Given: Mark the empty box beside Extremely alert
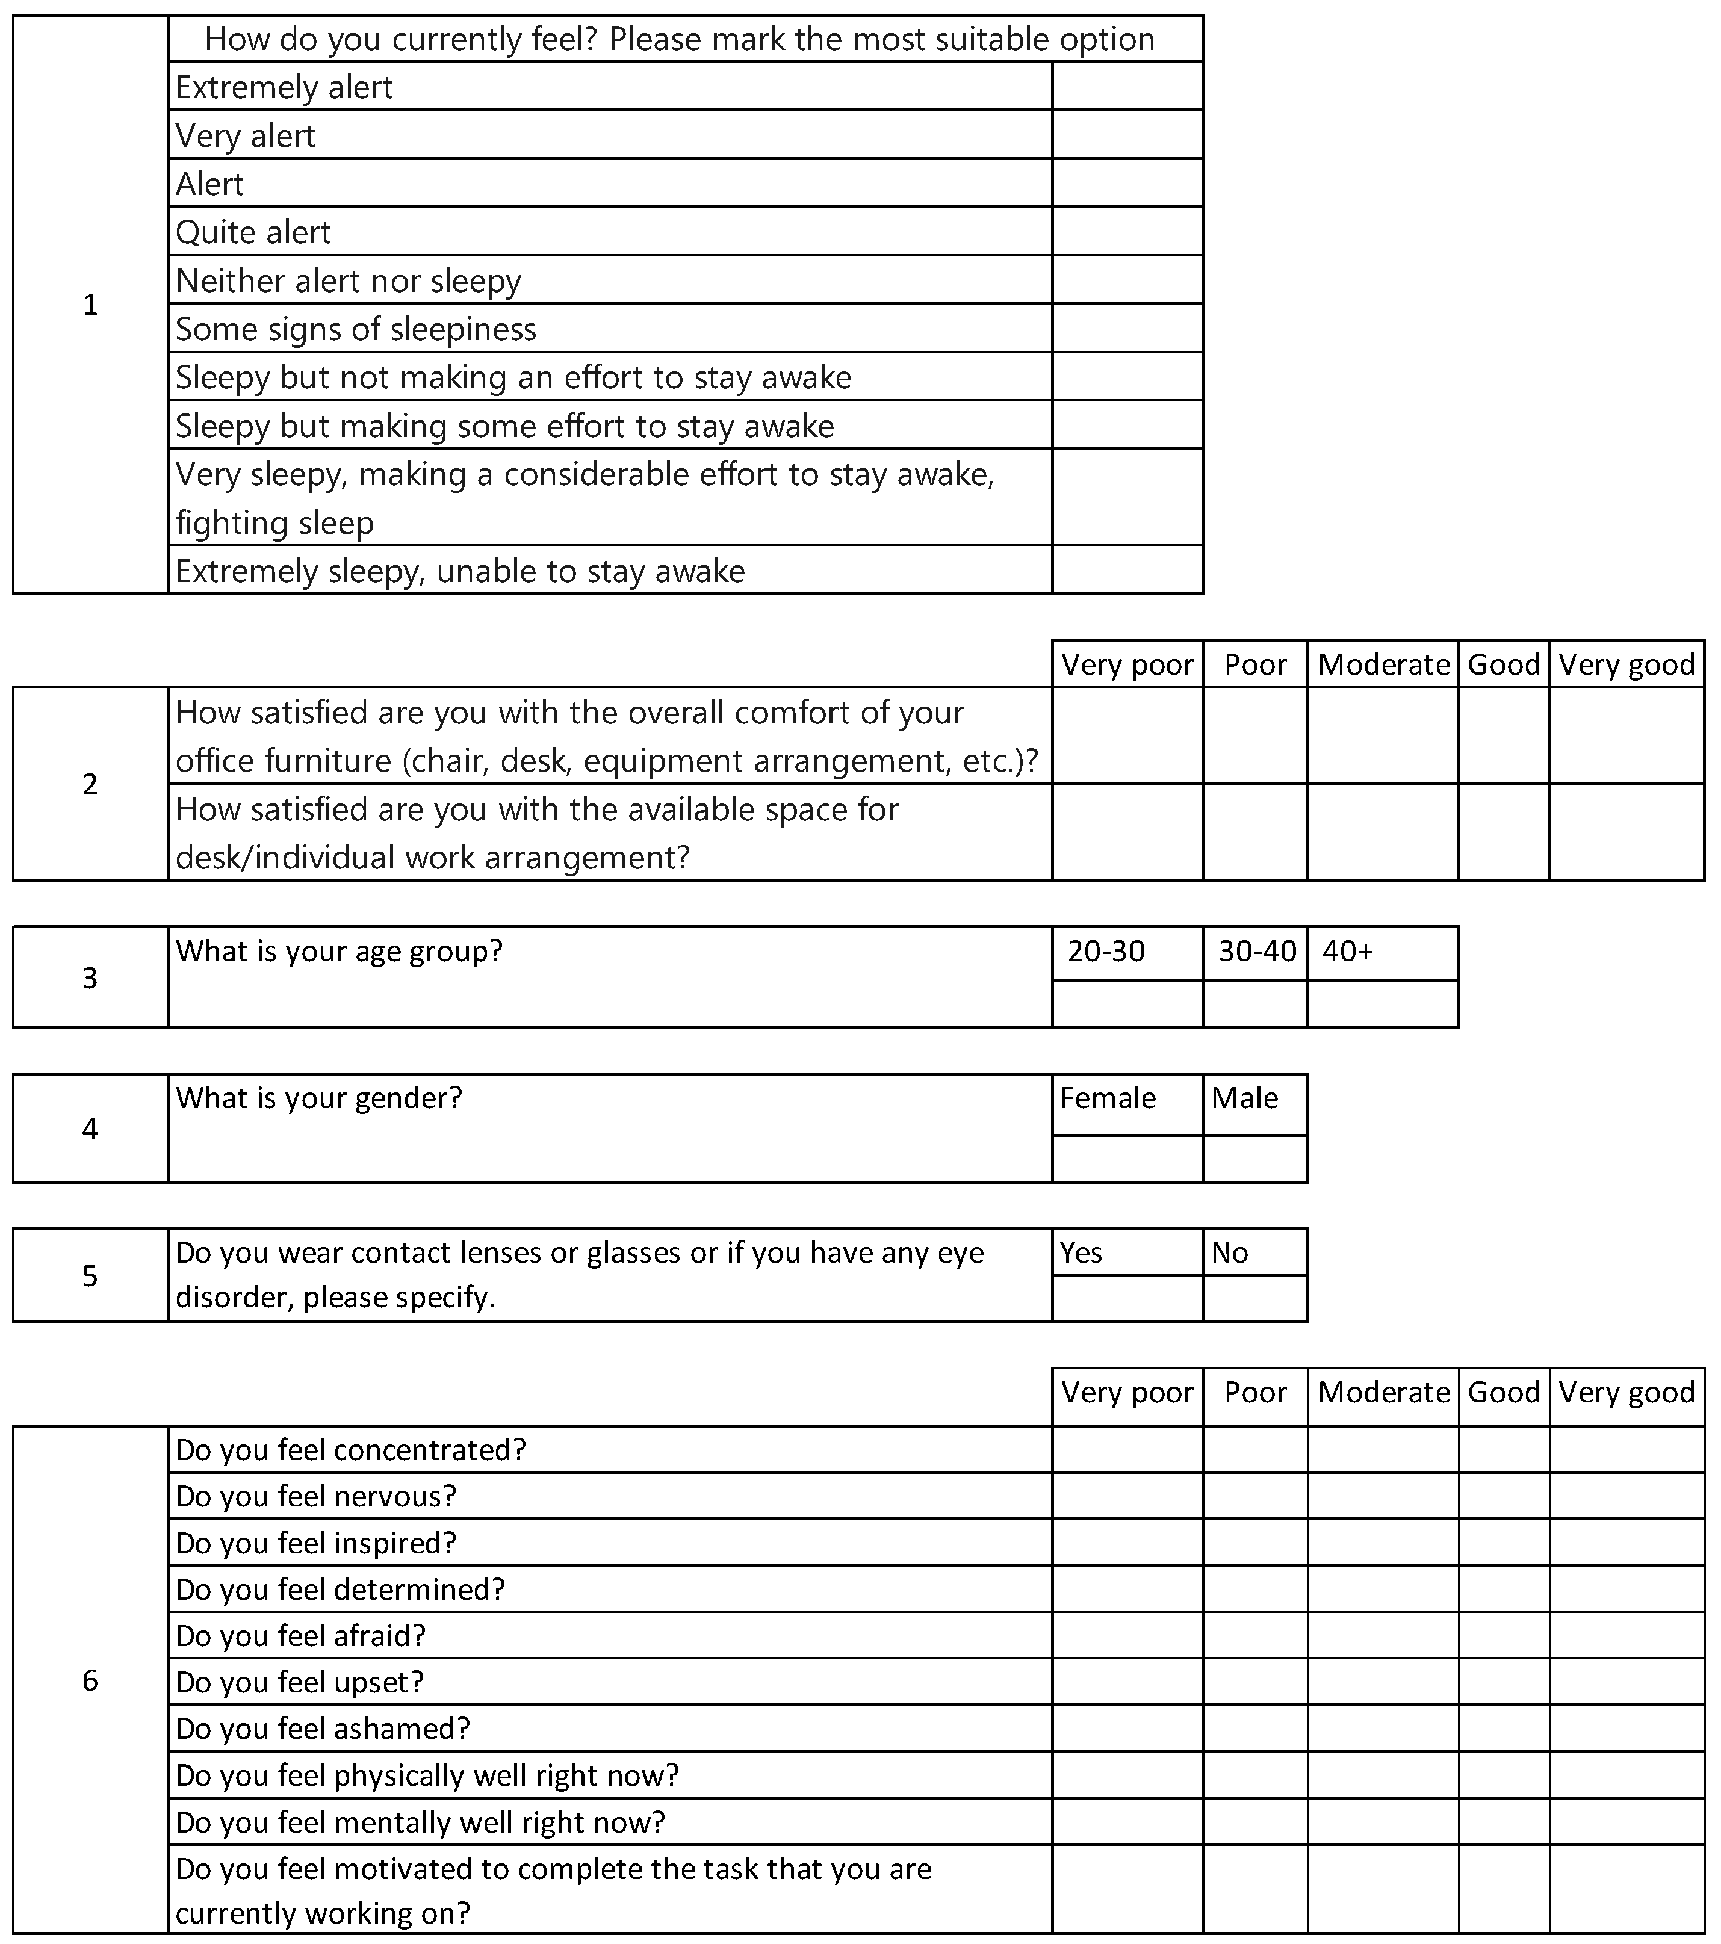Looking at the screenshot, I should pos(1127,87).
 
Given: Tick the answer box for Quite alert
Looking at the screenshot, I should pos(1127,231).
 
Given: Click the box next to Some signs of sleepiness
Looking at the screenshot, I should pos(1127,328).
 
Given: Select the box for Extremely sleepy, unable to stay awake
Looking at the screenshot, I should pos(1127,570).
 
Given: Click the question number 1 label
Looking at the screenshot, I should pos(90,305).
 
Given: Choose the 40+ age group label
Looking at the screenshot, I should pos(1347,951).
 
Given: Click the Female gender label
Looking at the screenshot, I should pos(1108,1098).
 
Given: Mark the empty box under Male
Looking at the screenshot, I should pos(1255,1159).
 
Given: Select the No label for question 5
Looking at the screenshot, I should pos(1229,1252).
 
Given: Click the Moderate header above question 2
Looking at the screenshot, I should pos(1383,664).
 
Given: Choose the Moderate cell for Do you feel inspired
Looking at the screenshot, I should pos(1383,1543).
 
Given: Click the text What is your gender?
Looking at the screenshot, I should pos(318,1098).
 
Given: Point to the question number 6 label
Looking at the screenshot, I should pos(90,1680).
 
